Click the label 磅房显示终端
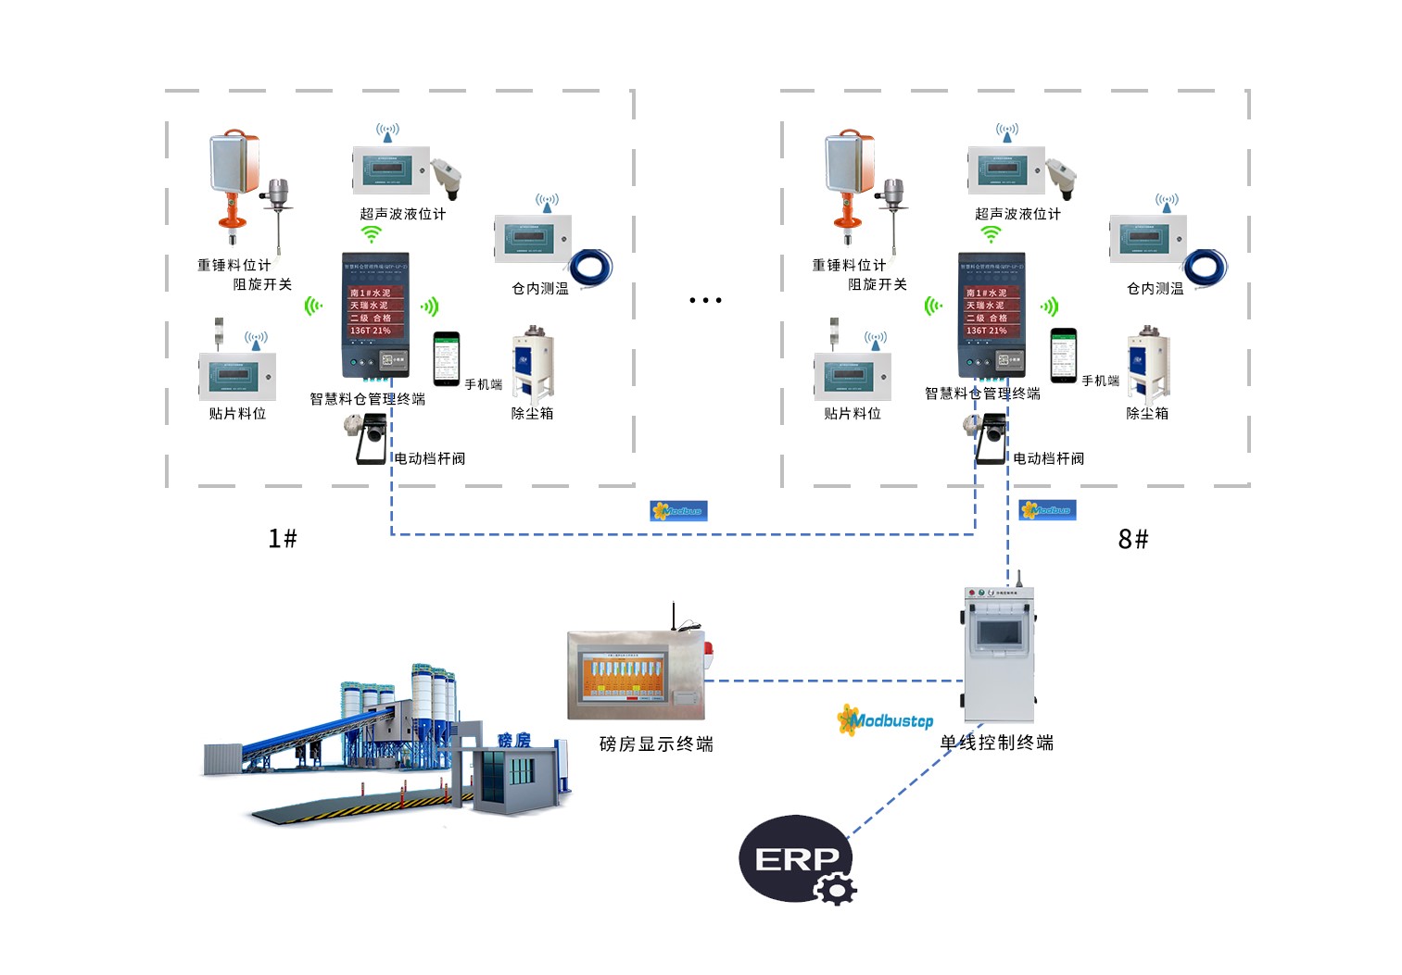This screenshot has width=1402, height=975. (656, 744)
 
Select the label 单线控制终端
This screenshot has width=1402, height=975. (997, 743)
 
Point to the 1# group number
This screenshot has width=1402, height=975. (283, 538)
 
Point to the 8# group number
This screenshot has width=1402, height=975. (1133, 538)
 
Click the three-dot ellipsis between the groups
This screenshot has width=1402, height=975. (705, 300)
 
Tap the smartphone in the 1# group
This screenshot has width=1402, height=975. (447, 358)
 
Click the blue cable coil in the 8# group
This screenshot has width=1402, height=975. (1206, 268)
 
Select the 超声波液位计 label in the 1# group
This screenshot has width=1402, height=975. (403, 214)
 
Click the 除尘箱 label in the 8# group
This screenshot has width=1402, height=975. (1147, 413)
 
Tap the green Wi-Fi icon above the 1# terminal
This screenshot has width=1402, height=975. (372, 234)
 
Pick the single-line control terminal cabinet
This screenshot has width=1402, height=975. (999, 653)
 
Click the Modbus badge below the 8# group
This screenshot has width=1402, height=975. (1047, 510)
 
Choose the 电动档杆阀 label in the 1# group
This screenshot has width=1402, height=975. (430, 458)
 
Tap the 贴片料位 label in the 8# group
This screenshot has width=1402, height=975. (853, 413)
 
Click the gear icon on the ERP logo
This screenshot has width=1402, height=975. (837, 889)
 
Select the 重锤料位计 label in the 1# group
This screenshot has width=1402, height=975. (234, 265)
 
